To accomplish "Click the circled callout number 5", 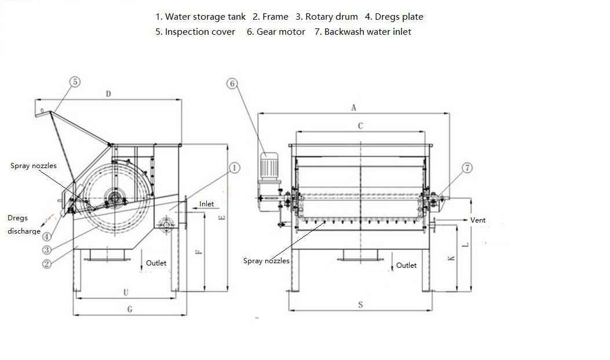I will [75, 82].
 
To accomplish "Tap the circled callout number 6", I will [233, 83].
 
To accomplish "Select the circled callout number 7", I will [467, 168].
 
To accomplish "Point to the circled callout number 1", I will [234, 168].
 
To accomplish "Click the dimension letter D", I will [108, 94].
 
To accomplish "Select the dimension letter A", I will [353, 107].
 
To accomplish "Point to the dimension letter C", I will [360, 126].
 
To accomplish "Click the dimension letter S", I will [360, 305].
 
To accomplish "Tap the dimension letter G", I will [130, 310].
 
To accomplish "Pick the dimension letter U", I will [126, 292].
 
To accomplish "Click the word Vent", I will [478, 220].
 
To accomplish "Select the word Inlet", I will [206, 204].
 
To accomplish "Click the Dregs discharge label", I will [23, 225].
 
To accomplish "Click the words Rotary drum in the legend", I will [331, 17].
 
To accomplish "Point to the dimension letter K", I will [451, 259].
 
